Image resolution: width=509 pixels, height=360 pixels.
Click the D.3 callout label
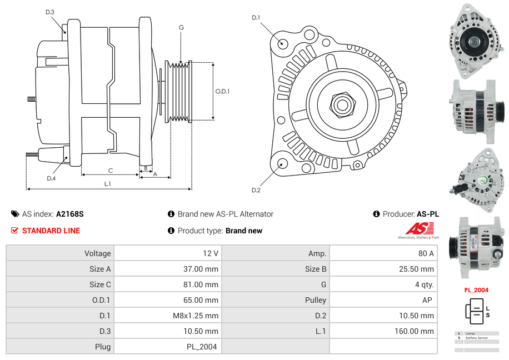pos(49,12)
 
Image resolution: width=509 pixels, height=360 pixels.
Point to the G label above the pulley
pos(181,27)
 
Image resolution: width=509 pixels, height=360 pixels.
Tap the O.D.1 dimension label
pos(222,91)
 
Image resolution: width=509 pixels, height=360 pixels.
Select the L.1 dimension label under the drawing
pos(108,183)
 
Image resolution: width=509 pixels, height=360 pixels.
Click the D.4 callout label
pos(51,178)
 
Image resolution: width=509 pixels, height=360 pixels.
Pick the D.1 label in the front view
pos(256,18)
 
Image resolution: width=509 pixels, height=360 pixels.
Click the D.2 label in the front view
pos(256,190)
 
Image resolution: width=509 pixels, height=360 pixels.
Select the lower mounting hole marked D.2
pos(282,163)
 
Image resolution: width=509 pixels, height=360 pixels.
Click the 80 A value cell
pos(426,253)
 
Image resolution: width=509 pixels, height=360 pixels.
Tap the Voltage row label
pos(97,253)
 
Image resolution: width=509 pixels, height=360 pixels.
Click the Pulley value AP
pos(428,300)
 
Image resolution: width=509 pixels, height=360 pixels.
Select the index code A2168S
pos(70,214)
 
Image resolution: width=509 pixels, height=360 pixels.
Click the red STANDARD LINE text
pos(51,231)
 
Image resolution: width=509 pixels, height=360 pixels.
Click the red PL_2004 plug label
pos(476,290)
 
